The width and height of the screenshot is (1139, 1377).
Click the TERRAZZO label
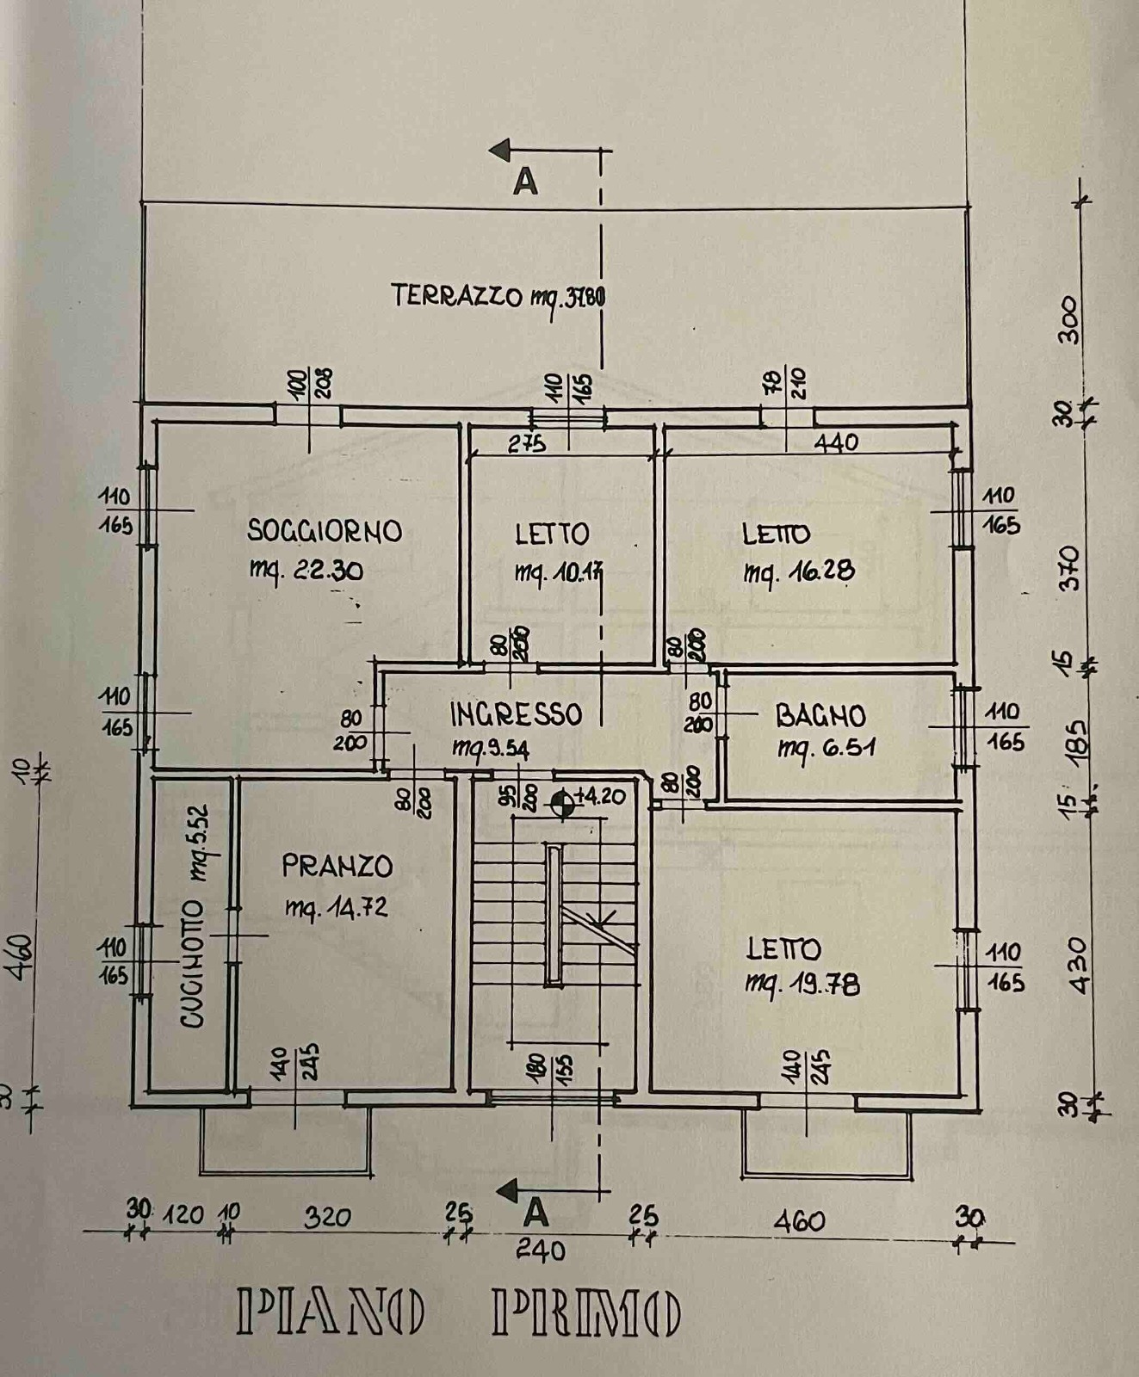[455, 295]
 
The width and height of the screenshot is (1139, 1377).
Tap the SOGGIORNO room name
[325, 530]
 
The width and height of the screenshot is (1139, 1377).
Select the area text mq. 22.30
[306, 570]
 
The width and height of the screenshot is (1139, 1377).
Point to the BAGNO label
[820, 715]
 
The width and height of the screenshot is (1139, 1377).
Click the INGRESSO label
[516, 714]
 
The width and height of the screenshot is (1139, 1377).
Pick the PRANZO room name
[337, 866]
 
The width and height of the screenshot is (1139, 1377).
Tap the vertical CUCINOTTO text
[193, 964]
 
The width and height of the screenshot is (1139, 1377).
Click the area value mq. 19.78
[802, 984]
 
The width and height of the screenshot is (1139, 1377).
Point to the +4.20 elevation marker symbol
[562, 802]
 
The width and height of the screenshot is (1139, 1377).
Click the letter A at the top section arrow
[525, 182]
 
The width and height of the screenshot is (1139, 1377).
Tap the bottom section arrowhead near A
[508, 1191]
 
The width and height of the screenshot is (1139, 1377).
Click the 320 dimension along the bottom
[328, 1217]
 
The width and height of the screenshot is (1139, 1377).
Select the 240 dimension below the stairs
[542, 1249]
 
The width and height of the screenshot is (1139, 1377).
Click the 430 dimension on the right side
[1077, 965]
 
